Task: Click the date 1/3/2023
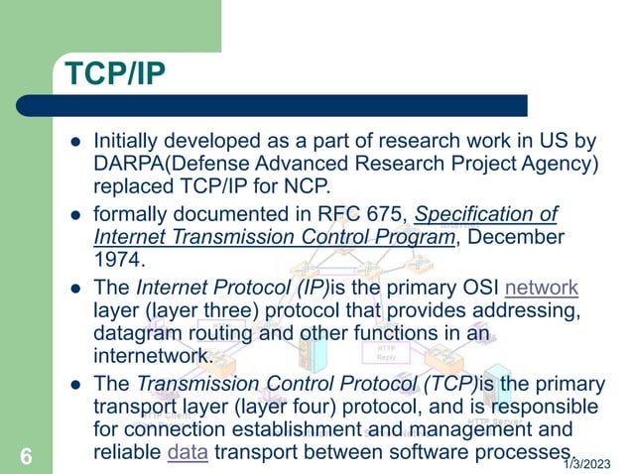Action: click(587, 464)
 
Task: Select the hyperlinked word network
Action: click(541, 289)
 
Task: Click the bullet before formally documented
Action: click(74, 215)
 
